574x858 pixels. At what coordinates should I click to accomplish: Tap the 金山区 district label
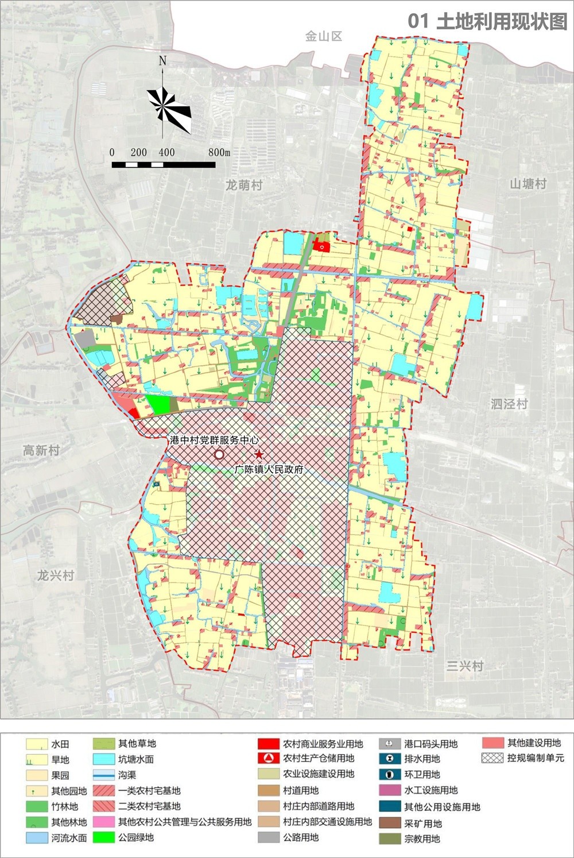tap(324, 36)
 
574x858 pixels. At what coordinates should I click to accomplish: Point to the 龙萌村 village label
tap(244, 185)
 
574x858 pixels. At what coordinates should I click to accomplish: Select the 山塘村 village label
tap(528, 184)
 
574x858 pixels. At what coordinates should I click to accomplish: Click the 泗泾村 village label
tap(509, 404)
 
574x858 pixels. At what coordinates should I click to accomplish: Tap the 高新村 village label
tap(41, 450)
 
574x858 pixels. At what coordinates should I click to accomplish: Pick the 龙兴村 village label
tap(56, 575)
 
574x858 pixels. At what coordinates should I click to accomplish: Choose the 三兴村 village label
tap(465, 666)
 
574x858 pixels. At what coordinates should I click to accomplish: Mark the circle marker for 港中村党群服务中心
tap(219, 455)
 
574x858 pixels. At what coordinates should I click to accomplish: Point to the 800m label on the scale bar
tap(219, 152)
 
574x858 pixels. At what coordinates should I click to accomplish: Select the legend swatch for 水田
tap(36, 744)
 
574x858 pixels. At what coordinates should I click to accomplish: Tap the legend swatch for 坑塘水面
tap(103, 759)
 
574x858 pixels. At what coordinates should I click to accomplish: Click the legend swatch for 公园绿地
tap(103, 837)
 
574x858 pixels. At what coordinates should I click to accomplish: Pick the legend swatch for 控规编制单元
tap(492, 758)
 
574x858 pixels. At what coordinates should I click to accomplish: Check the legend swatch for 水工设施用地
tap(390, 790)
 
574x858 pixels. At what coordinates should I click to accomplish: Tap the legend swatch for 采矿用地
tap(390, 823)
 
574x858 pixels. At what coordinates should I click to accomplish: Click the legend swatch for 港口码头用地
tap(390, 744)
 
